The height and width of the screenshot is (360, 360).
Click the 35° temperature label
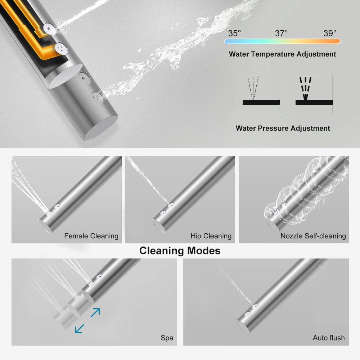tap(234, 33)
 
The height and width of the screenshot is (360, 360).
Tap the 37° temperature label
tap(281, 33)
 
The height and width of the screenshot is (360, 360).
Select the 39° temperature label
tap(330, 33)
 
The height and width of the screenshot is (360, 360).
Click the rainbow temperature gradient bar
tap(282, 41)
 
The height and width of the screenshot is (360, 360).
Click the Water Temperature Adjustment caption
tap(282, 54)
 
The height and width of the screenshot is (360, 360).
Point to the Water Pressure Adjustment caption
tap(283, 128)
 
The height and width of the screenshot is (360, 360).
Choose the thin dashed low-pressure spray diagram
tap(256, 94)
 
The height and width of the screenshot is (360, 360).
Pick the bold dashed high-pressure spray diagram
tap(309, 94)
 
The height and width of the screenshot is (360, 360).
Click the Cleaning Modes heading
tap(180, 251)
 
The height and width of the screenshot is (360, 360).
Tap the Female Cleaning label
tap(91, 236)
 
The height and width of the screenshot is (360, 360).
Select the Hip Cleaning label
tap(211, 236)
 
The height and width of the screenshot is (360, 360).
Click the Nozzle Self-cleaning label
tap(313, 236)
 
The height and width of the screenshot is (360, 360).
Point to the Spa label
tap(167, 338)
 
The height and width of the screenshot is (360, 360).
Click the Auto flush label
tap(329, 338)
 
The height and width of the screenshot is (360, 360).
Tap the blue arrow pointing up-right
tap(95, 312)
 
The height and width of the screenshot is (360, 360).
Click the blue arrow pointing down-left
tap(80, 329)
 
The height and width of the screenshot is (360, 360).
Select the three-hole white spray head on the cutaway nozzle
tap(61, 49)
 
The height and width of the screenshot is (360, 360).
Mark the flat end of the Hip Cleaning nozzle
tap(159, 226)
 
